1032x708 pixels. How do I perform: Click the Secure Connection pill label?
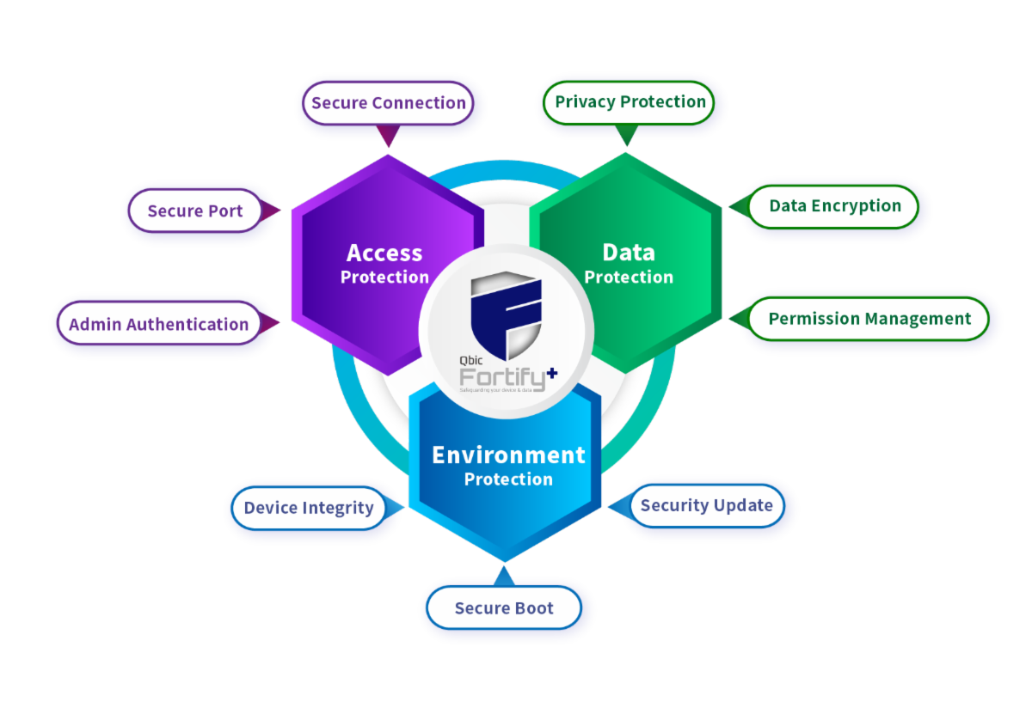388,103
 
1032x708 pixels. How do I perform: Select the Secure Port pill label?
195,211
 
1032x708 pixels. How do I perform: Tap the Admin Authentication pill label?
158,324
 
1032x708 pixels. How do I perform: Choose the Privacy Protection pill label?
630,101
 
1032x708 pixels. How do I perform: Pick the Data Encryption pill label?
834,205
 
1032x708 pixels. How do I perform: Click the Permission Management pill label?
869,319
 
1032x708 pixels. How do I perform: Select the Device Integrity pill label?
308,508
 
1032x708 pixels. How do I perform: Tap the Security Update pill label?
706,505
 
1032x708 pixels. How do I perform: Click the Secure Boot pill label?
504,608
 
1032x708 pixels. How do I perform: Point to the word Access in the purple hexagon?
384,253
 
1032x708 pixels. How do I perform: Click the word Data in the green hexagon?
629,253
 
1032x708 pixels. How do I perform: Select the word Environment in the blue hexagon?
508,455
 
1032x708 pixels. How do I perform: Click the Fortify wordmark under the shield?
496,377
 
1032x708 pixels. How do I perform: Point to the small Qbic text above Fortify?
470,362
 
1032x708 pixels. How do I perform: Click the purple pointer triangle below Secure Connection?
389,135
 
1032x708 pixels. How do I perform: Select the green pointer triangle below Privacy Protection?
627,134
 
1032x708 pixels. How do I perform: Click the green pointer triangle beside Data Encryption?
737,206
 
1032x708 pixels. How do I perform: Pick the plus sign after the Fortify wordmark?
551,373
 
